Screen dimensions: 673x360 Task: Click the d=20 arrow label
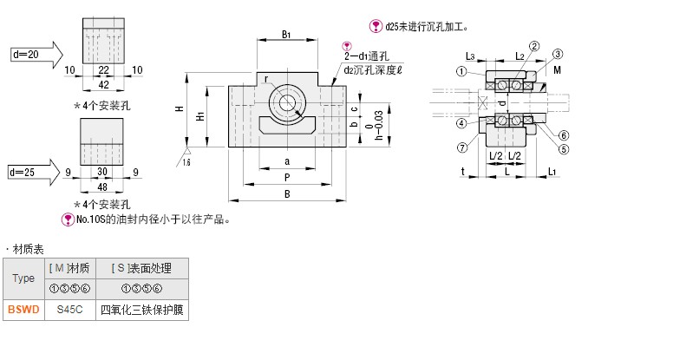pyautogui.click(x=26, y=55)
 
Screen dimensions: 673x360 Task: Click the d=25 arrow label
pyautogui.click(x=23, y=172)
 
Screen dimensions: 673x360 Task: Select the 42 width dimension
pyautogui.click(x=103, y=84)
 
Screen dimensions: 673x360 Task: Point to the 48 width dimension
pyautogui.click(x=102, y=187)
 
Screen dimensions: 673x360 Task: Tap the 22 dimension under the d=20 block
pyautogui.click(x=103, y=70)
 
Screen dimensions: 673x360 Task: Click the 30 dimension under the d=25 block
pyautogui.click(x=102, y=172)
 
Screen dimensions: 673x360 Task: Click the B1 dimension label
pyautogui.click(x=286, y=35)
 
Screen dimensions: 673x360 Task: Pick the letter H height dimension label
pyautogui.click(x=180, y=109)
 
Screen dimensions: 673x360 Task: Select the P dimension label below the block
pyautogui.click(x=287, y=178)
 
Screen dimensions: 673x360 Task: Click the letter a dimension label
pyautogui.click(x=287, y=161)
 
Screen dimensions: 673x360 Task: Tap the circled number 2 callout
pyautogui.click(x=534, y=46)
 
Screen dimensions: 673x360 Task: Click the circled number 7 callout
pyautogui.click(x=462, y=147)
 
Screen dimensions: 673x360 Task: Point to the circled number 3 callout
pyautogui.click(x=557, y=54)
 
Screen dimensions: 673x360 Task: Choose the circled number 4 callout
pyautogui.click(x=461, y=123)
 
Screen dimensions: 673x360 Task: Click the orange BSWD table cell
pyautogui.click(x=23, y=310)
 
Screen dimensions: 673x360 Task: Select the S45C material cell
pyautogui.click(x=70, y=310)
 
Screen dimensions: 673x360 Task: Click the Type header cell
pyautogui.click(x=23, y=278)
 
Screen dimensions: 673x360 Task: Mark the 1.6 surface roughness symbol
pyautogui.click(x=186, y=157)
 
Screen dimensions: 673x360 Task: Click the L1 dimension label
pyautogui.click(x=552, y=172)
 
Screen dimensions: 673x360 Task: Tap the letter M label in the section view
pyautogui.click(x=557, y=70)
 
